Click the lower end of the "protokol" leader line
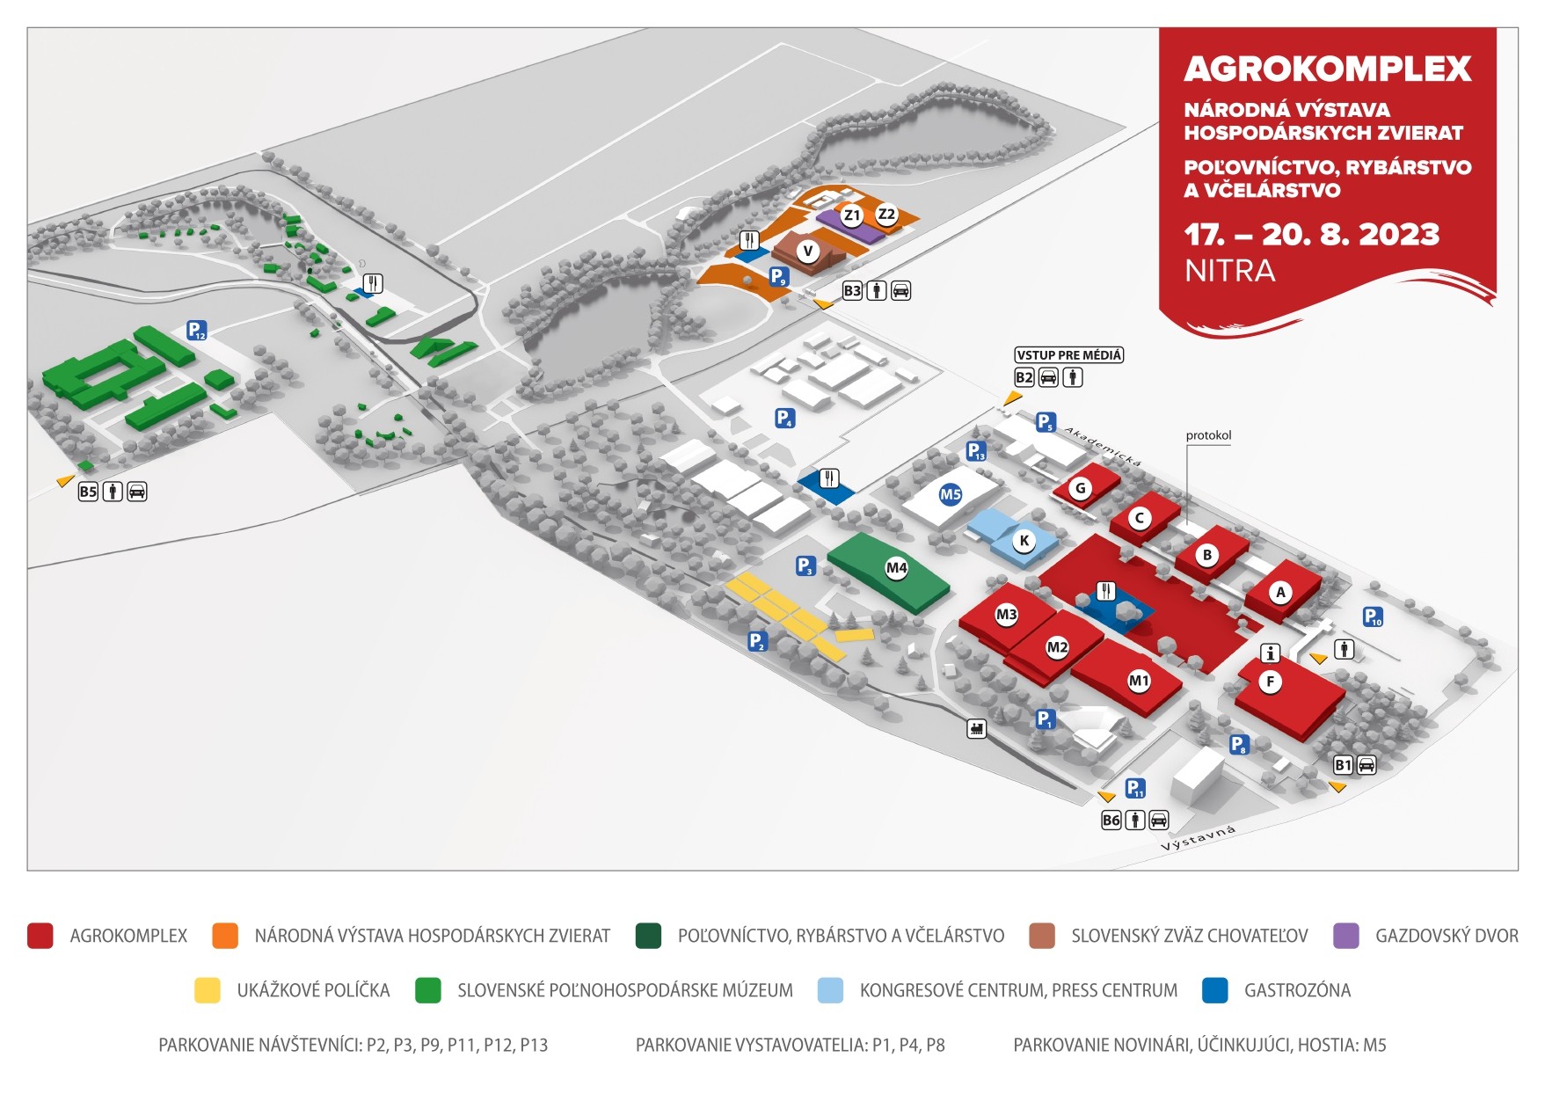(1186, 525)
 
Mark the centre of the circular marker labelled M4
(896, 568)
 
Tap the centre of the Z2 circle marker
(886, 214)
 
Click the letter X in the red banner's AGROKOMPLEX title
(1456, 69)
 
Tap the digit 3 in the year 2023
(1426, 234)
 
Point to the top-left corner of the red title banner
(1159, 28)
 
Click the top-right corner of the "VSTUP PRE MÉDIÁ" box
(1124, 347)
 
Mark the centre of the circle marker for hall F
(1270, 682)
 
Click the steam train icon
(976, 728)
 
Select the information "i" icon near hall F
(1270, 653)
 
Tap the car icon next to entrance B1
(1366, 764)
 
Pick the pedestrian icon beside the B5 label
(113, 492)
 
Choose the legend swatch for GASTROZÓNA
(1214, 990)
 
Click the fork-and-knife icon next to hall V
(749, 240)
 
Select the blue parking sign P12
(196, 331)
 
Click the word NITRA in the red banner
(1229, 271)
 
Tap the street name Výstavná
(1198, 838)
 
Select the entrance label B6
(1111, 820)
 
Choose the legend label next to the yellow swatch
(313, 990)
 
